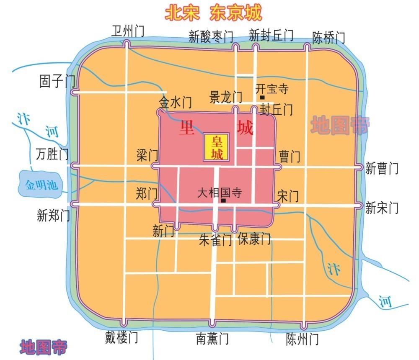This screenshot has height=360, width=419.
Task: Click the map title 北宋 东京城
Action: tap(213, 13)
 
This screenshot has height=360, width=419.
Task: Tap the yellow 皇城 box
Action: tap(216, 148)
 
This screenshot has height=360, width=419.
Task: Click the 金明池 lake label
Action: tap(41, 185)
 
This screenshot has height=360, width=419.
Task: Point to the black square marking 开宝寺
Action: tap(262, 98)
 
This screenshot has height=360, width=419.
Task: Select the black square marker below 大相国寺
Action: tap(224, 201)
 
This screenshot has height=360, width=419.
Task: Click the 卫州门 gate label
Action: tap(128, 31)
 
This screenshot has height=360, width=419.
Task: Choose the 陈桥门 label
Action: tap(329, 38)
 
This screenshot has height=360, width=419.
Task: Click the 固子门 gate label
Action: tap(57, 81)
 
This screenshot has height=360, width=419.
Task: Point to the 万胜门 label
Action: tap(52, 154)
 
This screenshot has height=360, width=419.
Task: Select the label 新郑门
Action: tap(53, 216)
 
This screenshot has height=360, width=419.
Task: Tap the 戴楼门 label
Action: tap(121, 337)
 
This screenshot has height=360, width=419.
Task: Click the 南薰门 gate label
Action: tap(212, 338)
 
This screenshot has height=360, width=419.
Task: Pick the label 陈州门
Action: tap(303, 338)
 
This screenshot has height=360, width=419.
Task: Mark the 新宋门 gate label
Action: tap(382, 208)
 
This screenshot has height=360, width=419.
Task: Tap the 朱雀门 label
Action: tap(215, 240)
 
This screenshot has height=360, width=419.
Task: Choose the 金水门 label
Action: tap(175, 102)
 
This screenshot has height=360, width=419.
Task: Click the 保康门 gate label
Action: tap(254, 239)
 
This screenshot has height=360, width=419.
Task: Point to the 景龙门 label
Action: tap(226, 98)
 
